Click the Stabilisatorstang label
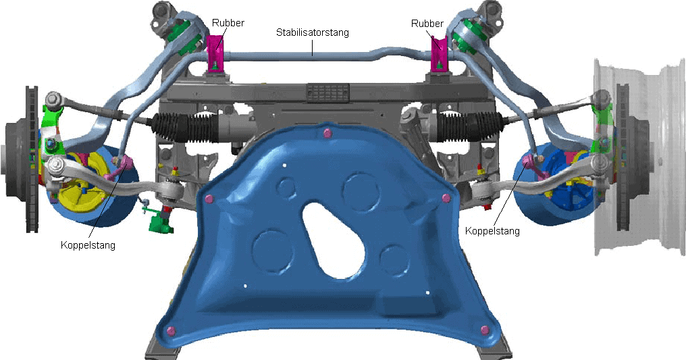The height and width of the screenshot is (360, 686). coord(313,32)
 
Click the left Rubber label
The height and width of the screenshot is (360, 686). coord(228,23)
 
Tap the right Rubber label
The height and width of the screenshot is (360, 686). coord(427,23)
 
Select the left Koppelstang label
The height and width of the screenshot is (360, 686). coord(88,245)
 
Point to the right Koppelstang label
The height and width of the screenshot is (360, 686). coord(492,230)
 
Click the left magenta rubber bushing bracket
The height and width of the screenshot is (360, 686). coord(216,53)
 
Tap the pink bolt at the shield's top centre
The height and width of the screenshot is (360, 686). coord(325,134)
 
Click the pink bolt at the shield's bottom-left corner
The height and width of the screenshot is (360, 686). coord(171,331)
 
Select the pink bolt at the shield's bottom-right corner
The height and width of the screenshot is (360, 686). coord(484,330)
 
